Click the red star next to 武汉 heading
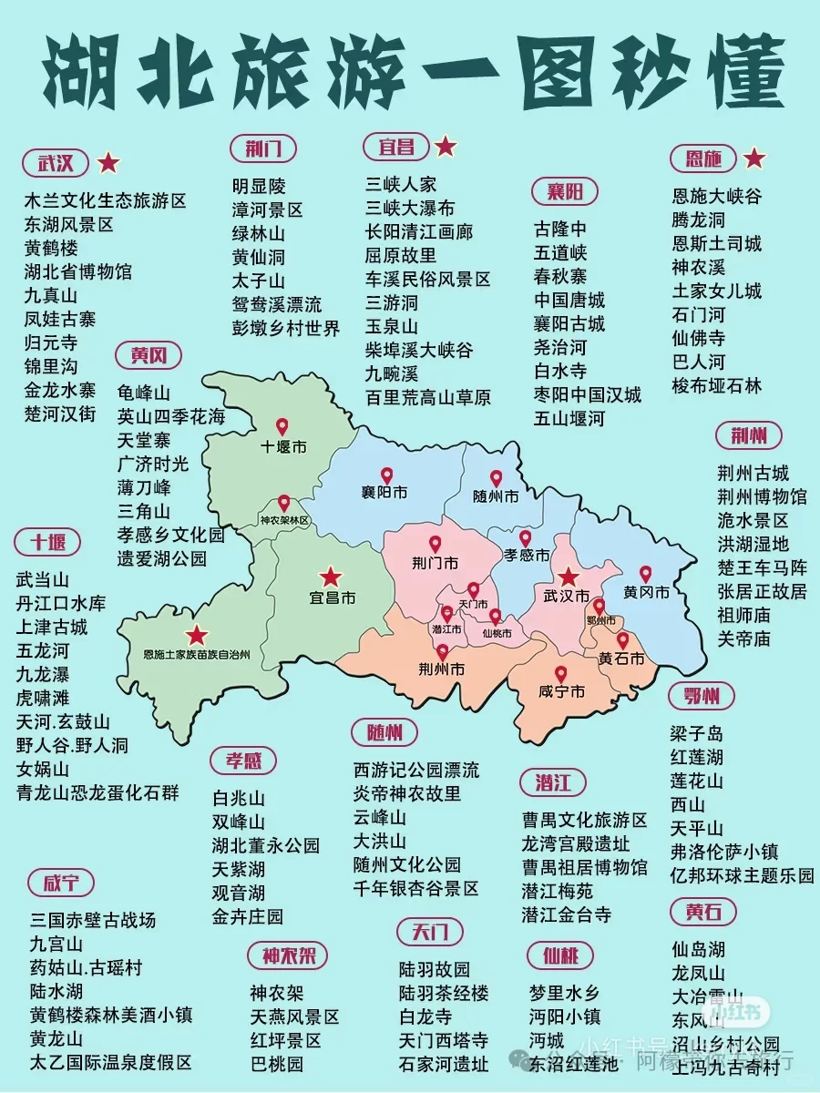(108, 164)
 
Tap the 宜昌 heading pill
(390, 147)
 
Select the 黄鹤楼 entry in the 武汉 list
(51, 248)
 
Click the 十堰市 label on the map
(283, 447)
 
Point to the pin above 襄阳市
(386, 475)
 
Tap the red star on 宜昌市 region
(330, 577)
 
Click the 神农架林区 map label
(284, 521)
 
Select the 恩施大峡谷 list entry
(716, 196)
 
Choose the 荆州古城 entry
(753, 474)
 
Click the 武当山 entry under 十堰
(43, 579)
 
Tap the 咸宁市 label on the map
(561, 693)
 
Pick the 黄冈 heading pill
(149, 355)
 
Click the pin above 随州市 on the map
(497, 477)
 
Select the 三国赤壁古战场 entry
(93, 919)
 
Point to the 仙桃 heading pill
(560, 955)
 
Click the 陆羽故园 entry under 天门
(434, 969)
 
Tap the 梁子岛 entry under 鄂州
(697, 734)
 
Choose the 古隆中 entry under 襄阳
(560, 229)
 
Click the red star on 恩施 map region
(197, 636)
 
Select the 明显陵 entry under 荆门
(259, 186)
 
